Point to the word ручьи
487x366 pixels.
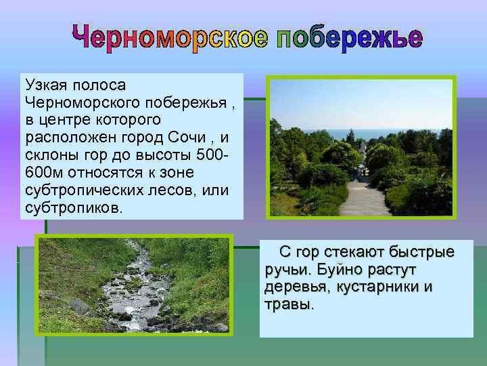(x=286, y=270)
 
